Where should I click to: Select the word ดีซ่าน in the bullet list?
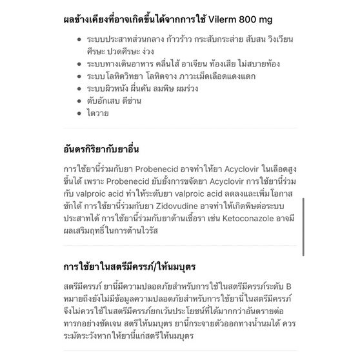pos(130,101)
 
